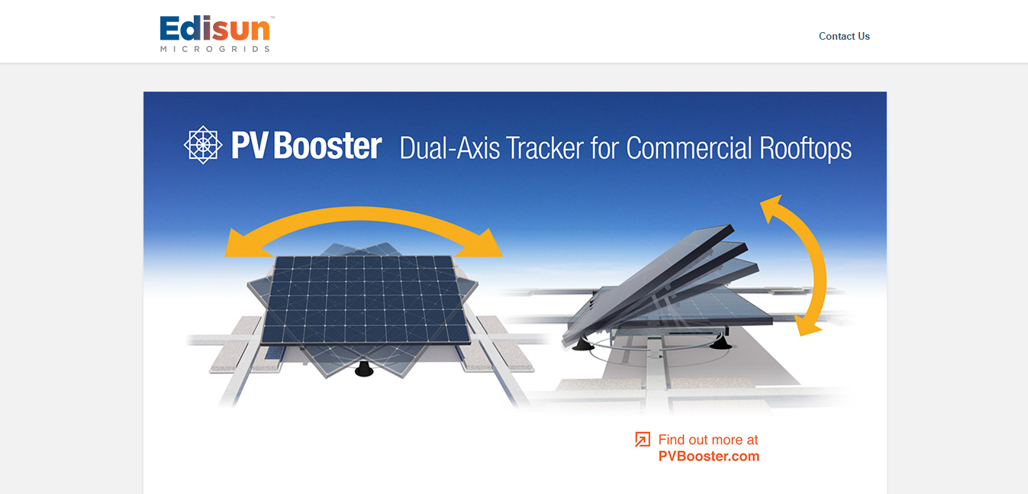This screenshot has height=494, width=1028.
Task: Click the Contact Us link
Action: pyautogui.click(x=844, y=37)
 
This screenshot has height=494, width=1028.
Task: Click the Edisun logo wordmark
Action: pyautogui.click(x=214, y=28)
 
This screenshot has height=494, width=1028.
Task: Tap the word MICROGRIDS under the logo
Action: pyautogui.click(x=214, y=49)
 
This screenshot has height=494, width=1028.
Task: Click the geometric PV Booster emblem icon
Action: pyautogui.click(x=203, y=144)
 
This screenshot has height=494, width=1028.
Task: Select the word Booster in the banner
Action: pyautogui.click(x=327, y=146)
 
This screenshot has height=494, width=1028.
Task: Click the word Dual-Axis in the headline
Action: pyautogui.click(x=450, y=148)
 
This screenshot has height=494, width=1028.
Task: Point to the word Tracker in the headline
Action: pyautogui.click(x=545, y=148)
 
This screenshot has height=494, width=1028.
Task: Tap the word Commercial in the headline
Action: pyautogui.click(x=689, y=148)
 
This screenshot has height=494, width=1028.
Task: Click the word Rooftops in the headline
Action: pyautogui.click(x=805, y=149)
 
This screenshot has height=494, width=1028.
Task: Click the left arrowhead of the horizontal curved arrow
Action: pyautogui.click(x=243, y=244)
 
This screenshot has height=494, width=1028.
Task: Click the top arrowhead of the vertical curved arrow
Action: pyautogui.click(x=772, y=208)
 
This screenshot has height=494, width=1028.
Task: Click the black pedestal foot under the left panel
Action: pyautogui.click(x=364, y=369)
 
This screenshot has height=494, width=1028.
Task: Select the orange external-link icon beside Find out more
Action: pyautogui.click(x=643, y=439)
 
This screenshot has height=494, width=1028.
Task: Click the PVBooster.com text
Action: pyautogui.click(x=708, y=457)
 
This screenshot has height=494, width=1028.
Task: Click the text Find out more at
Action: pyautogui.click(x=708, y=440)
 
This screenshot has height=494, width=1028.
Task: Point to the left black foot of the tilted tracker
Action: pyautogui.click(x=583, y=344)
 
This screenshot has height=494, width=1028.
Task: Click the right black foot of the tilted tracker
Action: pyautogui.click(x=720, y=342)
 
